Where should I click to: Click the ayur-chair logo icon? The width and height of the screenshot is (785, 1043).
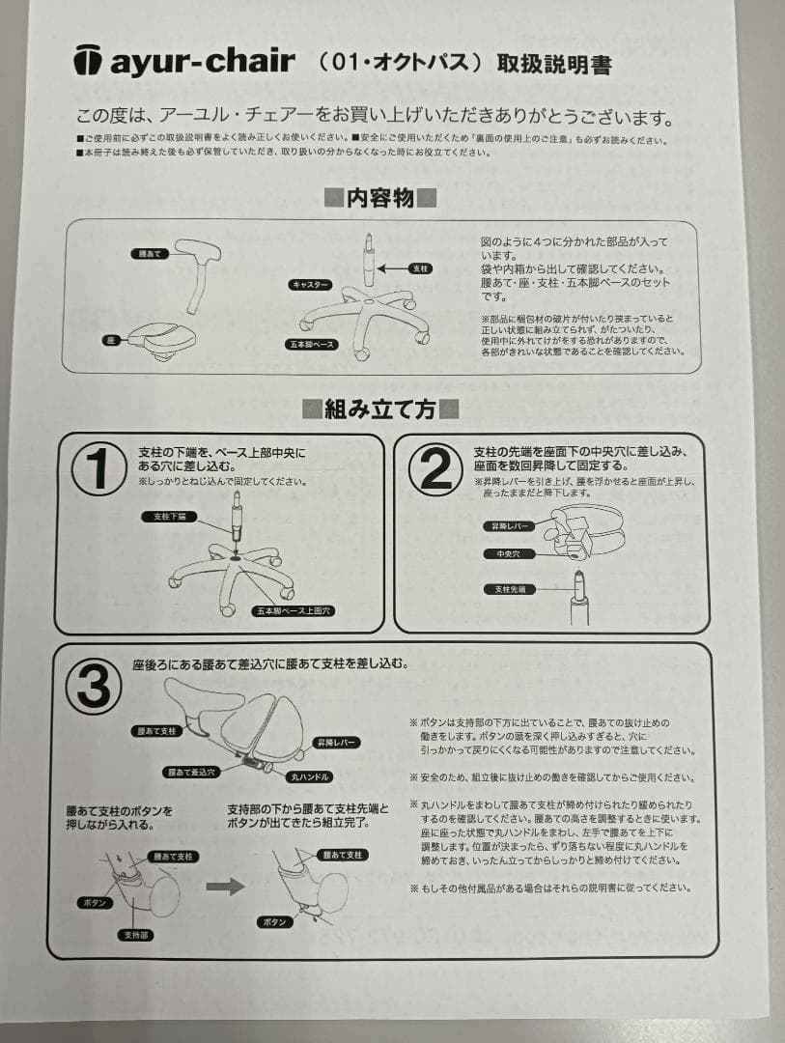click(x=88, y=60)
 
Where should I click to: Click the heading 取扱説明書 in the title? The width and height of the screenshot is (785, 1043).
click(x=553, y=65)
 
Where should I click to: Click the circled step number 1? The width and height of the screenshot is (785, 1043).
click(x=98, y=469)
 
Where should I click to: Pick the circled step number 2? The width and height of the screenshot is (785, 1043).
click(x=435, y=470)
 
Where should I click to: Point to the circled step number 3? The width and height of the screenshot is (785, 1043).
click(x=93, y=687)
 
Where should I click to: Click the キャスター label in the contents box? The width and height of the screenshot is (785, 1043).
click(x=311, y=285)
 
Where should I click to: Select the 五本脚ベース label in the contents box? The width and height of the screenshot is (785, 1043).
click(x=311, y=344)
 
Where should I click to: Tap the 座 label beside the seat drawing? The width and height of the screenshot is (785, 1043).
click(x=110, y=341)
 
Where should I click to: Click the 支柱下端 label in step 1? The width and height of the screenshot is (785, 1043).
click(x=169, y=518)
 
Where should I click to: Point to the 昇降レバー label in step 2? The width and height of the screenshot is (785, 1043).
click(x=508, y=526)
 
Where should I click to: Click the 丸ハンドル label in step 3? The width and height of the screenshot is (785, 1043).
click(x=310, y=775)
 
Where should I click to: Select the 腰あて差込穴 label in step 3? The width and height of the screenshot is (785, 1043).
click(x=192, y=772)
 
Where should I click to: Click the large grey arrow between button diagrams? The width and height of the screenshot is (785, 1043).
click(x=225, y=887)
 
